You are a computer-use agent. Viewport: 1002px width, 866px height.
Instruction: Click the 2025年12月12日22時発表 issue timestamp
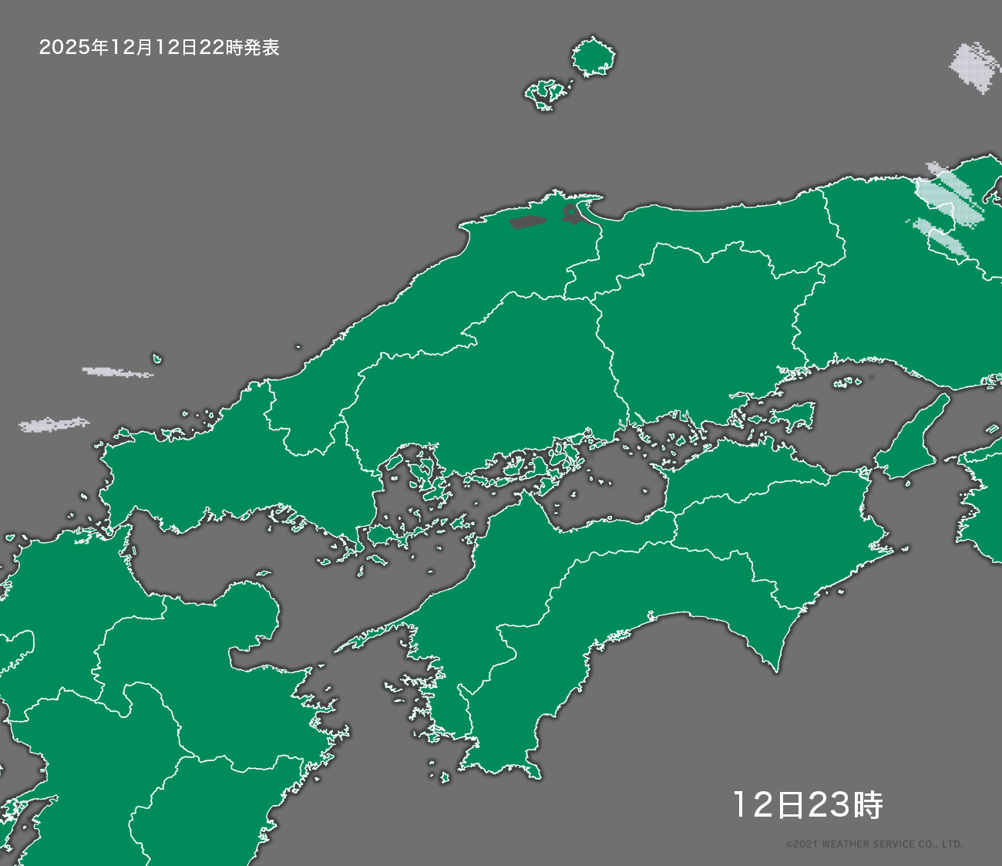pos(159,48)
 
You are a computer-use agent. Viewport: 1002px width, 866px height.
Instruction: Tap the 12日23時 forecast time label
pos(807,805)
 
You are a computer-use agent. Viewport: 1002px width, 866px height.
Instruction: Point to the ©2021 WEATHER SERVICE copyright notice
pos(874,844)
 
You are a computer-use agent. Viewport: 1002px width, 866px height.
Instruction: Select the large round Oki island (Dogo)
pos(593,58)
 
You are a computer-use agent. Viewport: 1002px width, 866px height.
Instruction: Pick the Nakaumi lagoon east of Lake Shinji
pos(573,214)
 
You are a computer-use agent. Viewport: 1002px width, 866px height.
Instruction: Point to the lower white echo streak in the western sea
pos(54,424)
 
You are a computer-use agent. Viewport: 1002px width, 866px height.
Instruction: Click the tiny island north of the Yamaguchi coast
pos(156,359)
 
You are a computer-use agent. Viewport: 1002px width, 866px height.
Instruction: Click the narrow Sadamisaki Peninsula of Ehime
pos(370,636)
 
